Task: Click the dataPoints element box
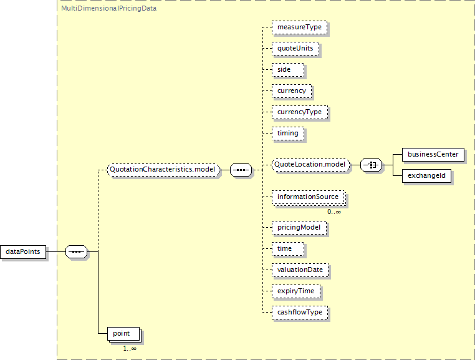click(x=23, y=251)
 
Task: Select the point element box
click(x=123, y=334)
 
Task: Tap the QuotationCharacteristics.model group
click(x=163, y=170)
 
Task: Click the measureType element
click(x=300, y=27)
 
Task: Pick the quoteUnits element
click(x=295, y=49)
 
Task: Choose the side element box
click(x=288, y=70)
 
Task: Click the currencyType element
click(x=300, y=112)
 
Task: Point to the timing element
click(x=288, y=134)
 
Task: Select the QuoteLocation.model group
click(x=310, y=165)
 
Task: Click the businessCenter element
click(x=433, y=155)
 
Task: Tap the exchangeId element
click(x=426, y=176)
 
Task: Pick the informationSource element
click(x=309, y=197)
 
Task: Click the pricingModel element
click(x=299, y=228)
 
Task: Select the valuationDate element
click(x=300, y=270)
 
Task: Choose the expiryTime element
click(x=295, y=291)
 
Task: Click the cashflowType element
click(x=300, y=313)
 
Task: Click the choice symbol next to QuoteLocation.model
click(x=371, y=165)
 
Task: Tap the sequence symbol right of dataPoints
click(x=76, y=251)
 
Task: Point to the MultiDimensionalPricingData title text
click(x=108, y=9)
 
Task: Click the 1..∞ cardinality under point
click(x=130, y=349)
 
